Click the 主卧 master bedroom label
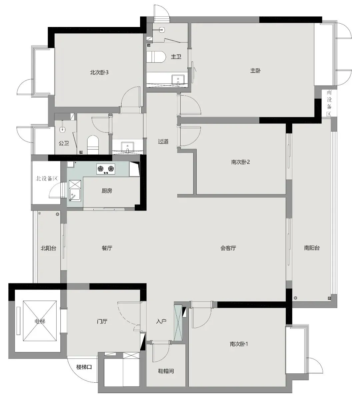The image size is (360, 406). [255, 71]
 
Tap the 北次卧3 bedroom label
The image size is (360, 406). [99, 72]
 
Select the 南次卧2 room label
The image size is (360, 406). [240, 162]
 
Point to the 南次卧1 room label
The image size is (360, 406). [239, 344]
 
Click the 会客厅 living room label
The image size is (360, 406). [228, 248]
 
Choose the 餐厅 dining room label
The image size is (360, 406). [107, 248]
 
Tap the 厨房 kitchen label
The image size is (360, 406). [107, 191]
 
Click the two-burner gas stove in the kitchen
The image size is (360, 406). [106, 169]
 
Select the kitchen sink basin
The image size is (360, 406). [75, 195]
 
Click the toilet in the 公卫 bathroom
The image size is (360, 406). [93, 145]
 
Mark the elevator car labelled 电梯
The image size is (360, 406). [40, 321]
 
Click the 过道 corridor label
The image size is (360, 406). [163, 142]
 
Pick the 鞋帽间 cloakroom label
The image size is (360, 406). [166, 371]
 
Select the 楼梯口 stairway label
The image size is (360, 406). [84, 367]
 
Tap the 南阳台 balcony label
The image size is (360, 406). [312, 248]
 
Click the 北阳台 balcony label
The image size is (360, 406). [48, 248]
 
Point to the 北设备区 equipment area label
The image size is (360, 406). [47, 178]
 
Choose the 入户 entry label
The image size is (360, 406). [161, 321]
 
